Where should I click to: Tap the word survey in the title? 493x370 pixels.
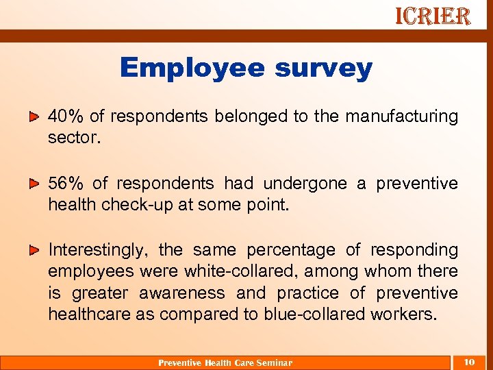point(324,68)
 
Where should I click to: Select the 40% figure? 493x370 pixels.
point(66,116)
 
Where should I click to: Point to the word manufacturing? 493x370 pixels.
point(401,116)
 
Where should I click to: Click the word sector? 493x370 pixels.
point(74,138)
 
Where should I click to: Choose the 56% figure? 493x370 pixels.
point(66,184)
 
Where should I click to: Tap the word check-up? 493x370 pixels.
point(150,205)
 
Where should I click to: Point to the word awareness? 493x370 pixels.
point(181,293)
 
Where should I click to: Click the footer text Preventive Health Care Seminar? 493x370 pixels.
point(225,362)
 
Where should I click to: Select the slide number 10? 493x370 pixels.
point(469,361)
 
